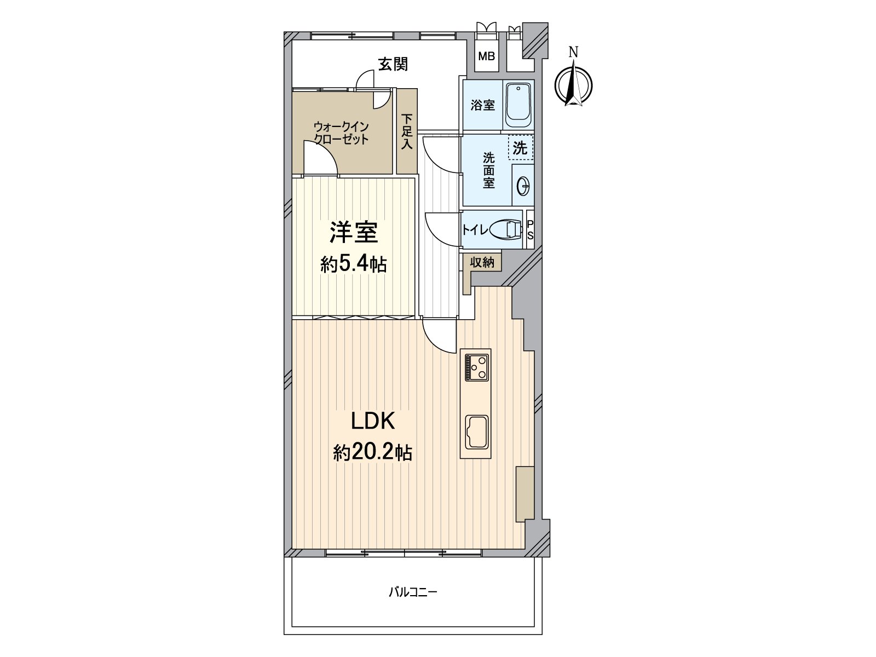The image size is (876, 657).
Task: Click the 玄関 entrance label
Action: pyautogui.click(x=393, y=65)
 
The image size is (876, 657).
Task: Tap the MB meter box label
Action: pyautogui.click(x=486, y=56)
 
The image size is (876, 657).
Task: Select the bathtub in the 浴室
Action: pyautogui.click(x=517, y=105)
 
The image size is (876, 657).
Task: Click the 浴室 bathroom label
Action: pyautogui.click(x=482, y=105)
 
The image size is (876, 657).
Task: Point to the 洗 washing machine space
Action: pyautogui.click(x=520, y=148)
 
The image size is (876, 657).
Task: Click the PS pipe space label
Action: pyautogui.click(x=529, y=230)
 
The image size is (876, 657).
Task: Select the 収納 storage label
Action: pyautogui.click(x=482, y=262)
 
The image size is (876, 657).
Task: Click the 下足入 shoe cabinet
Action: pyautogui.click(x=406, y=131)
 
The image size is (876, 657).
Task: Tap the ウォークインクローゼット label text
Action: pyautogui.click(x=341, y=133)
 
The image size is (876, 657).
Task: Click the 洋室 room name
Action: pyautogui.click(x=353, y=233)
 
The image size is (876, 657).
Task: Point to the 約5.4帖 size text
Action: pyautogui.click(x=353, y=264)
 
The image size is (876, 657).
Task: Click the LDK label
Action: pyautogui.click(x=372, y=422)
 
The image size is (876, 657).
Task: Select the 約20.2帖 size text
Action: pyautogui.click(x=372, y=453)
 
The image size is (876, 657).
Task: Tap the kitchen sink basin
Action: pyautogui.click(x=476, y=433)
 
